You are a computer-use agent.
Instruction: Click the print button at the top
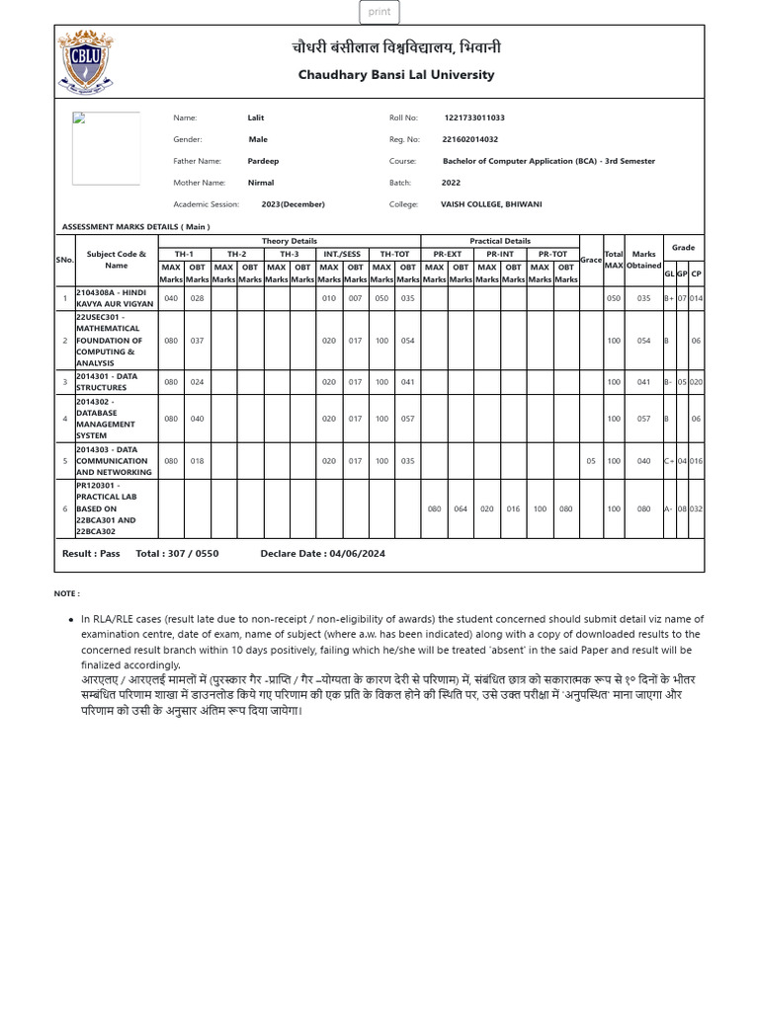(x=379, y=12)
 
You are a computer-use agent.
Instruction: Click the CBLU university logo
(x=85, y=62)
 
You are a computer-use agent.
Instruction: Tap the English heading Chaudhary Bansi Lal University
(x=396, y=75)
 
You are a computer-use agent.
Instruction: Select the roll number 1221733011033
(x=474, y=117)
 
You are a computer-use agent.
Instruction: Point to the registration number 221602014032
(x=469, y=139)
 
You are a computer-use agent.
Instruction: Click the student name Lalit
(x=256, y=117)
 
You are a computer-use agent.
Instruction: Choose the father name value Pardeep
(x=263, y=161)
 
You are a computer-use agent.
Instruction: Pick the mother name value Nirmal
(x=261, y=183)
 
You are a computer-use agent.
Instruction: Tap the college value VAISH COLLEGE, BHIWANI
(x=491, y=204)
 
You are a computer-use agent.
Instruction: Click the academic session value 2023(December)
(x=293, y=204)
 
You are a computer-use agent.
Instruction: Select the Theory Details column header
(x=290, y=241)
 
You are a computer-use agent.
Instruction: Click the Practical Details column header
(x=500, y=241)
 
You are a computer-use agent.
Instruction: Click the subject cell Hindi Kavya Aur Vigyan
(x=115, y=298)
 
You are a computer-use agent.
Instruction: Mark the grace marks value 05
(x=591, y=460)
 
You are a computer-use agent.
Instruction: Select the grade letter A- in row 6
(x=669, y=509)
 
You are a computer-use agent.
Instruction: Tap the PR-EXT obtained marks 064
(x=461, y=509)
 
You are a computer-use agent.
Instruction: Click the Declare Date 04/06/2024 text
(x=322, y=554)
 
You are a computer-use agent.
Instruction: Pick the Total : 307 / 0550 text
(x=177, y=554)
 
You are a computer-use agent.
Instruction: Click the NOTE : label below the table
(x=67, y=593)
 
